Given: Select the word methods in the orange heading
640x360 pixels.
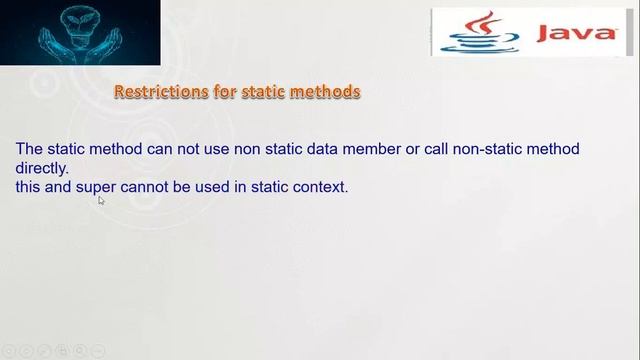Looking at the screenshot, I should pos(327,92).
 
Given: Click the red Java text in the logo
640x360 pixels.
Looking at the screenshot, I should pos(576,33).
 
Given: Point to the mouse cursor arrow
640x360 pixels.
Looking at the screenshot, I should pos(101,200).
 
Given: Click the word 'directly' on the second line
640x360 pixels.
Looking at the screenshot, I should pos(40,168).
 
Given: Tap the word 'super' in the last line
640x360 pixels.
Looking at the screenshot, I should pos(97,186).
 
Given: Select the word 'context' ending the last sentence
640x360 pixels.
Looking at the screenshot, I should pos(320,186).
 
